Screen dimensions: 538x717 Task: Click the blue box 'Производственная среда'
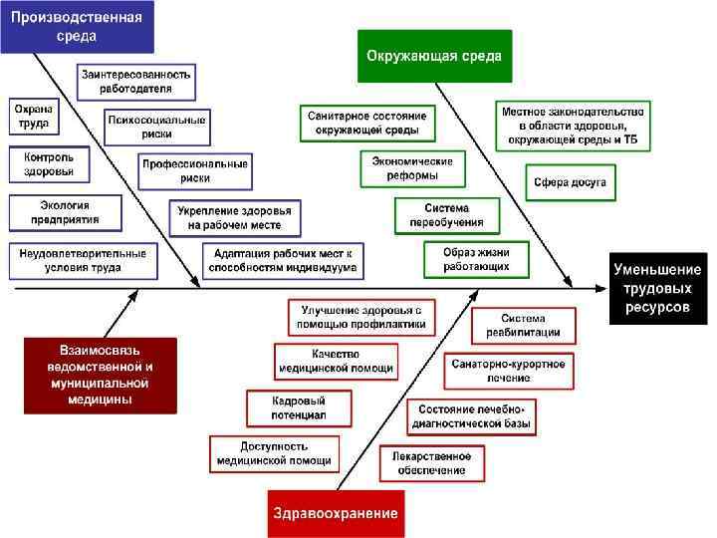77,26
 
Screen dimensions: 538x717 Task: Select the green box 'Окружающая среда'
434,56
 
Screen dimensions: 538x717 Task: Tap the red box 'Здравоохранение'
336,514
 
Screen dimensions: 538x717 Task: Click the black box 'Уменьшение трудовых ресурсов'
657,289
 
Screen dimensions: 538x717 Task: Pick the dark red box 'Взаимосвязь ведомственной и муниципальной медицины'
101,375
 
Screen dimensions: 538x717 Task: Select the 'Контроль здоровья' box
49,164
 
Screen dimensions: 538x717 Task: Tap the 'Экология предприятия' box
65,211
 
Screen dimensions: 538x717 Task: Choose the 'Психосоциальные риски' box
157,127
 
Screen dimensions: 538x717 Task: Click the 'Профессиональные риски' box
195,170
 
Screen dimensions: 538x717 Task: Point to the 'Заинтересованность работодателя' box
137,81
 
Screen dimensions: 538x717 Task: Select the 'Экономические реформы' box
412,168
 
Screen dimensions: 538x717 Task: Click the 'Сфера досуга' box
570,183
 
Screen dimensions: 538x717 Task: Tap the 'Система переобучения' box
446,215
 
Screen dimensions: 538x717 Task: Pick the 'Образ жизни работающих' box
476,259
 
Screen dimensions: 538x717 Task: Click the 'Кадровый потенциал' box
299,407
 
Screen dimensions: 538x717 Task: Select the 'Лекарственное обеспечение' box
431,462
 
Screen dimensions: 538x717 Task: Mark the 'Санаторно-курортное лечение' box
507,371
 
